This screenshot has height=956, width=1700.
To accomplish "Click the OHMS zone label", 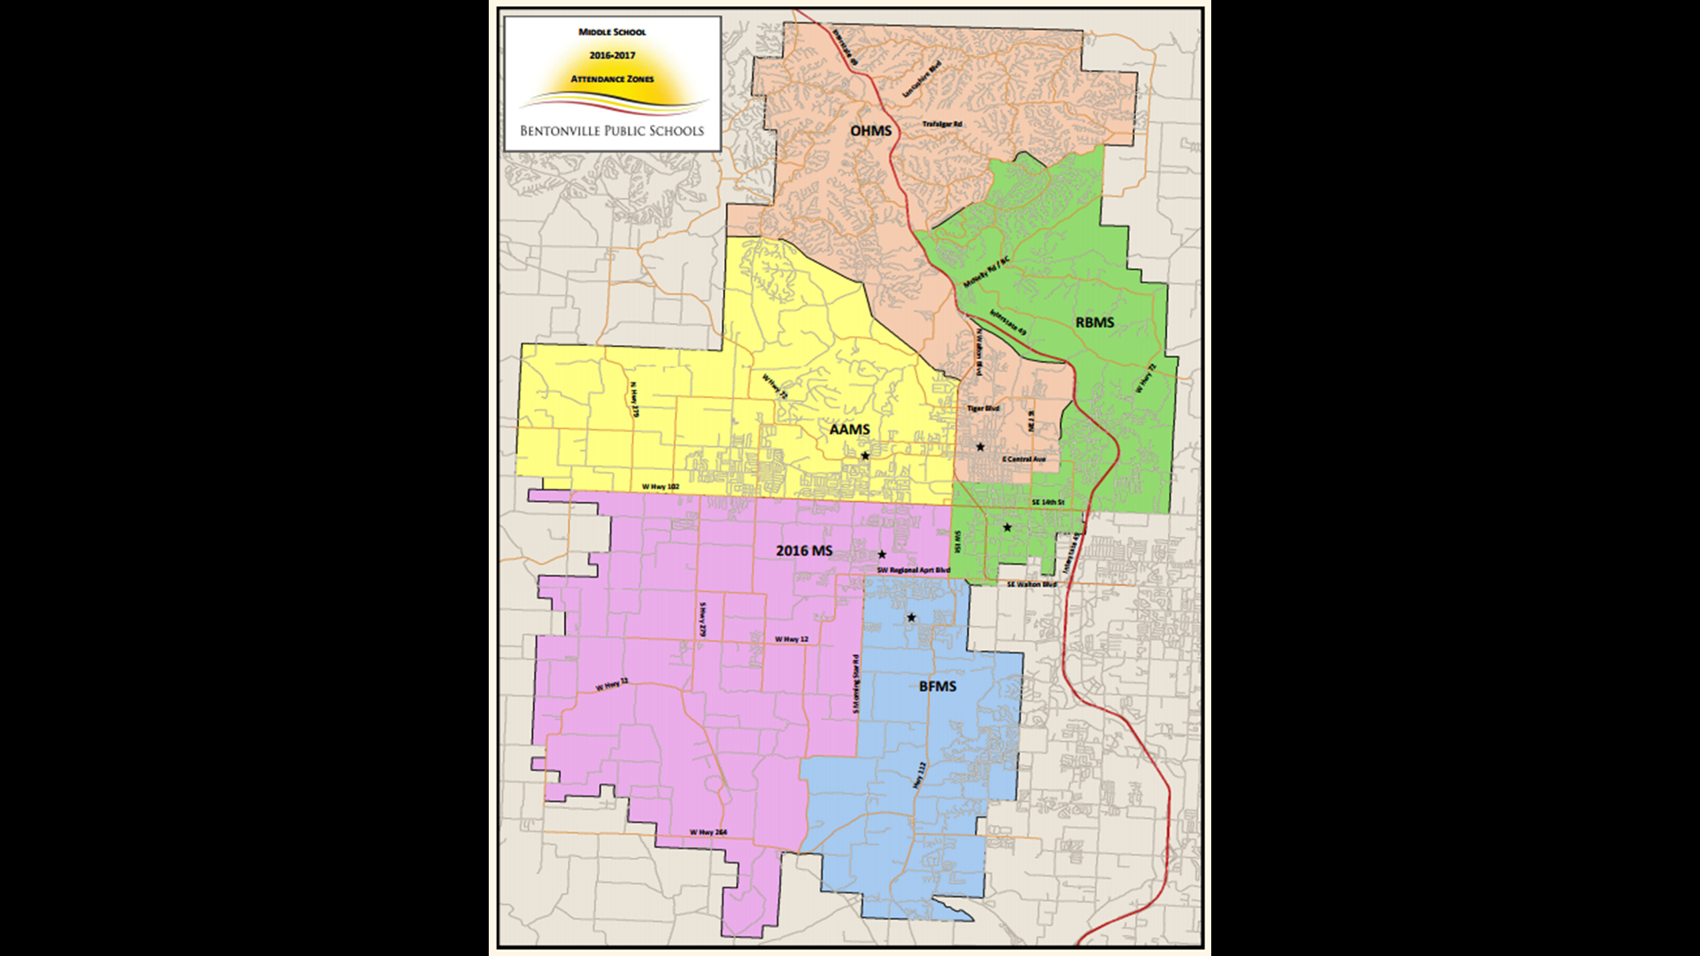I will coord(870,131).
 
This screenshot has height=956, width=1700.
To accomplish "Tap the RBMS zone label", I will coord(1094,322).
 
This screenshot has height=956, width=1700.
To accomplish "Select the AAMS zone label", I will coord(849,429).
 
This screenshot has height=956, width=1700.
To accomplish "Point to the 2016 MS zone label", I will coord(804,551).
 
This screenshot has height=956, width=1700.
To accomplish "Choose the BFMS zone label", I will coord(937,686).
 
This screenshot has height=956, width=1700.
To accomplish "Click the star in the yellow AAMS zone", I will coord(865,456).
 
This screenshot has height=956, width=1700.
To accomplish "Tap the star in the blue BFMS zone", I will coord(911,617).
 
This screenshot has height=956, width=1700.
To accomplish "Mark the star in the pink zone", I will coord(882,554).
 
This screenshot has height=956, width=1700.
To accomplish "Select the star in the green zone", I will coord(1007,528).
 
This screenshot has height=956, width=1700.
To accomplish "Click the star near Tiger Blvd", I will coord(980,447).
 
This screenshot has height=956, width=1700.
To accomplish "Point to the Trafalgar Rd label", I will coord(942,124).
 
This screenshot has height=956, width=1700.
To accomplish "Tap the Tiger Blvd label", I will coord(983,408).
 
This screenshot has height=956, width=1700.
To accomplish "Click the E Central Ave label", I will coord(1024,459).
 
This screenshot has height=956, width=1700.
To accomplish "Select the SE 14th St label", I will coord(1047,502).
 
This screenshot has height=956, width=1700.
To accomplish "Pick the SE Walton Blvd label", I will coord(1032,584).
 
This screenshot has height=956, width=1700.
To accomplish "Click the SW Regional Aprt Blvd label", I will coord(913,570).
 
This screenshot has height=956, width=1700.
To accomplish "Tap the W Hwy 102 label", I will coord(661,487).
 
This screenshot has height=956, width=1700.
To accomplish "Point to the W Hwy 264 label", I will coord(708,832).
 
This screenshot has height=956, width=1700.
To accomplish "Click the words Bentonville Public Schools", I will coord(612,131).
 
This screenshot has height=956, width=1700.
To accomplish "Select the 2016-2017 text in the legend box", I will coord(612,55).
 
